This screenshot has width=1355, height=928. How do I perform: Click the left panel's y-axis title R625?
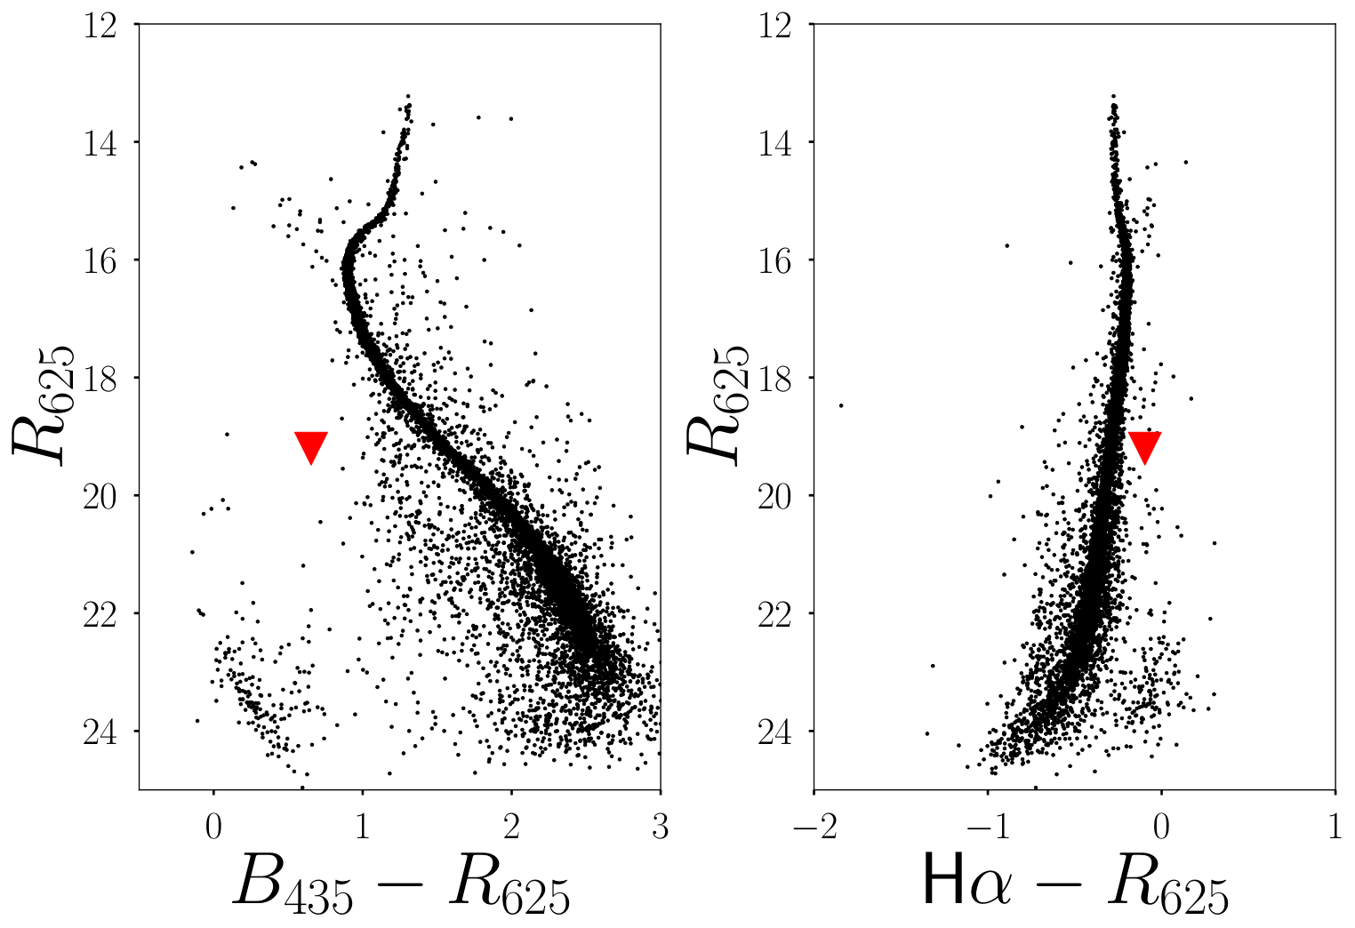pyautogui.click(x=43, y=405)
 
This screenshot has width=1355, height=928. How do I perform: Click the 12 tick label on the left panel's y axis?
pyautogui.click(x=100, y=28)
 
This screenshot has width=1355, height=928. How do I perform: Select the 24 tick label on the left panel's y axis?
pyautogui.click(x=100, y=733)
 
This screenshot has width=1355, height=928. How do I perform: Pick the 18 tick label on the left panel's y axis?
pyautogui.click(x=100, y=380)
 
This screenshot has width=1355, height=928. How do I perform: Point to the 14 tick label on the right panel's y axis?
pyautogui.click(x=775, y=145)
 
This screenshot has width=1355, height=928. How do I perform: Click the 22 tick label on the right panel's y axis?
pyautogui.click(x=775, y=616)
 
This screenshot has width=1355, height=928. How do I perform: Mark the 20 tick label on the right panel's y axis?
pyautogui.click(x=775, y=498)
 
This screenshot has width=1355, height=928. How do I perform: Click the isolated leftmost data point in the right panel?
pyautogui.click(x=841, y=405)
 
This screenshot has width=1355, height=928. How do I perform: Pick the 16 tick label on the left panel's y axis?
pyautogui.click(x=100, y=263)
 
